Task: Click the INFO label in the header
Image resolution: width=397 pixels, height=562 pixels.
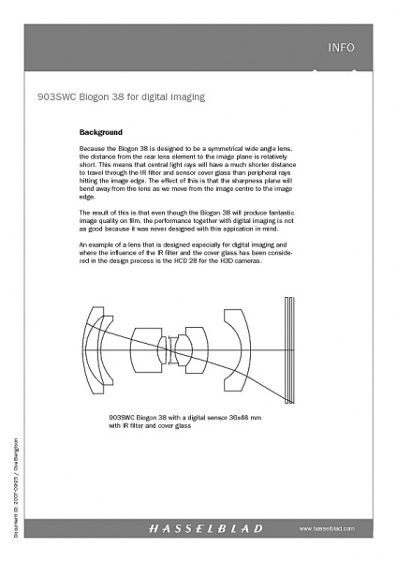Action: pos(342,47)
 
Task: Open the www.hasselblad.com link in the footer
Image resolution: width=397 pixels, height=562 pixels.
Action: pos(328,529)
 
